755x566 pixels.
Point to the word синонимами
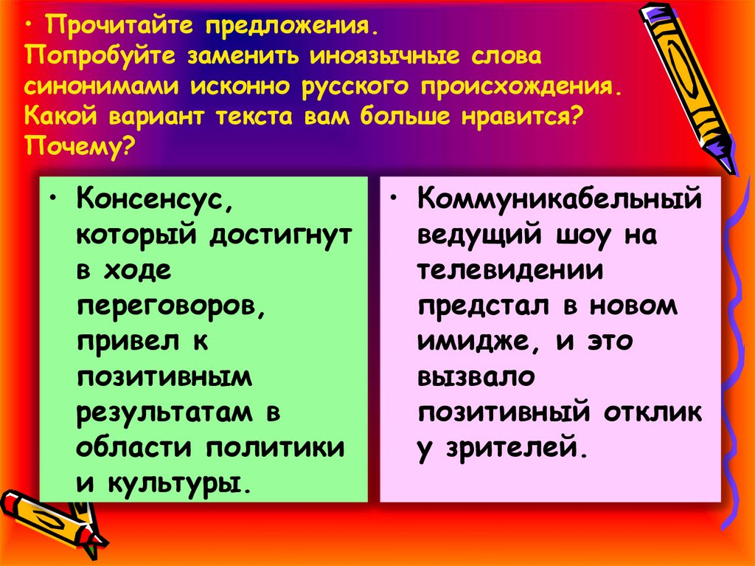click(x=103, y=86)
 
